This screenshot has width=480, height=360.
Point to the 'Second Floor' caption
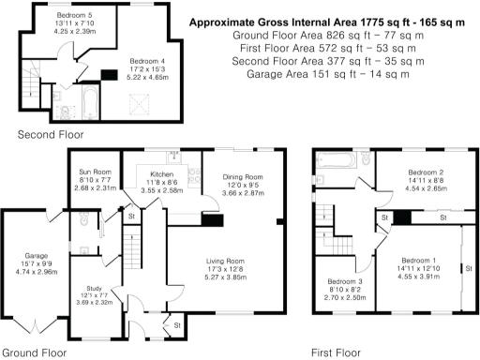[44, 135]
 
